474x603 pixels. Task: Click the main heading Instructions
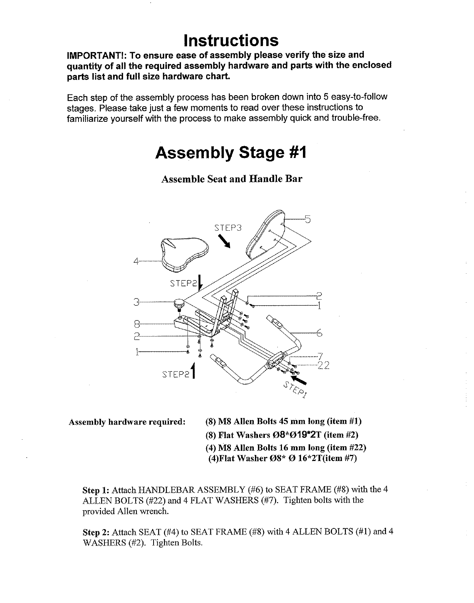[231, 40]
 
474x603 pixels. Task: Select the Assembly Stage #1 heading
[231, 153]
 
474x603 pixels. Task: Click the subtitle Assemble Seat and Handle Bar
[232, 179]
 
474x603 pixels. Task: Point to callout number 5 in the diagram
[308, 219]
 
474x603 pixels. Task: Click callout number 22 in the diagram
[323, 366]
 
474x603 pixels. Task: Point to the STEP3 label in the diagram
[228, 228]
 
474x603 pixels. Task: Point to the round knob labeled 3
[179, 305]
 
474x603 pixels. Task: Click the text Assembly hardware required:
[127, 422]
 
